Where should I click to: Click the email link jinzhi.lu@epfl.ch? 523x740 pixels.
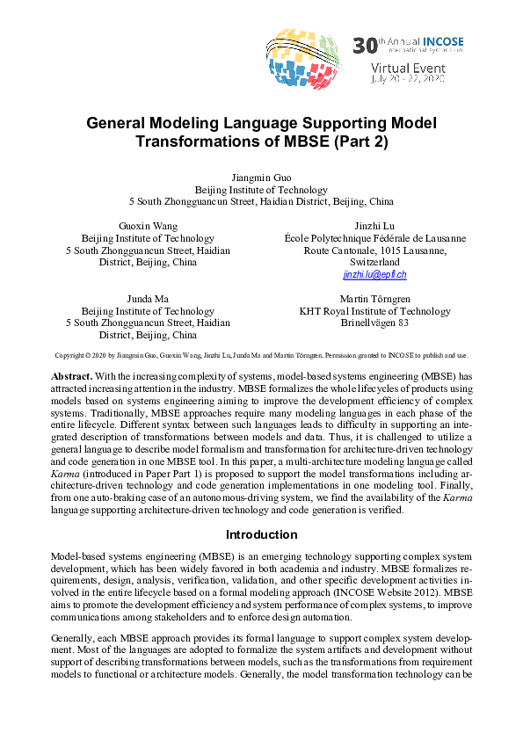click(374, 275)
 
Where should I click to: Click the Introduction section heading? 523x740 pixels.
click(261, 534)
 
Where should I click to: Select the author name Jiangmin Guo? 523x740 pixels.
click(261, 178)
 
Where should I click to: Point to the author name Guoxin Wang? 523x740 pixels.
click(148, 226)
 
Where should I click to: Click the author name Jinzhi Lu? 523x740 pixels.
click(374, 226)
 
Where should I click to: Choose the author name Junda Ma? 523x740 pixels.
click(148, 299)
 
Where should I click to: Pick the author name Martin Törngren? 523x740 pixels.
click(374, 299)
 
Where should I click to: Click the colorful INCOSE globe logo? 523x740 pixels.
click(302, 58)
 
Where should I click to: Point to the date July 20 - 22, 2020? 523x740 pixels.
click(410, 78)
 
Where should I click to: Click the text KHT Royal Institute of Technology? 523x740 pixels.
click(374, 311)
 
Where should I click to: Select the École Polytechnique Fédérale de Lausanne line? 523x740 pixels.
click(374, 238)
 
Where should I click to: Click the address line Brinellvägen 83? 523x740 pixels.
click(374, 323)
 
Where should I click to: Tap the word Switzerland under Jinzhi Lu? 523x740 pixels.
click(374, 263)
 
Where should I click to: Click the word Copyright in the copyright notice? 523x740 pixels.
click(69, 356)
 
